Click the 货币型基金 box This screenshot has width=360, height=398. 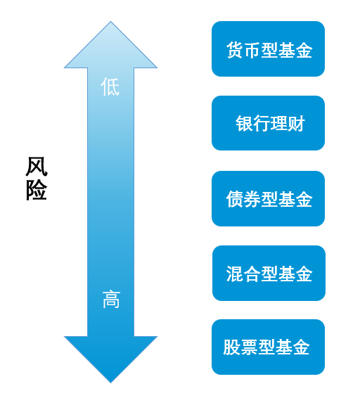point(268,49)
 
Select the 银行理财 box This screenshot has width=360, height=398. point(268,123)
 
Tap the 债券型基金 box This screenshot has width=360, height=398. point(268,198)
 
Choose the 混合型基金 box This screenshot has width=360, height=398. point(269,273)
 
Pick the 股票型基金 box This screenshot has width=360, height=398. point(268,347)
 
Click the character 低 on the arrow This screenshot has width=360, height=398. point(110,86)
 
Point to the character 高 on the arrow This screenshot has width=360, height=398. point(111,300)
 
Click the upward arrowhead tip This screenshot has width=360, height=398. point(110,21)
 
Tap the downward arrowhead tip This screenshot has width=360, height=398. point(110,383)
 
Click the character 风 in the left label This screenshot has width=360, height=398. point(37,167)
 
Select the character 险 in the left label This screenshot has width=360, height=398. point(37,191)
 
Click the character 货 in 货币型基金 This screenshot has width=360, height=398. point(235,50)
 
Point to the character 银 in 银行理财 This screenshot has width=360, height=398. point(244,123)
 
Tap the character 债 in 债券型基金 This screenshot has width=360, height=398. point(235,199)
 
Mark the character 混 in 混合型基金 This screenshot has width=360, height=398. point(235,274)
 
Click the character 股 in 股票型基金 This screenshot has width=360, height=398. point(231,347)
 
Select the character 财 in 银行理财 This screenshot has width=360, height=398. point(296,123)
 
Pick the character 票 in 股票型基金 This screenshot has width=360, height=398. point(249,347)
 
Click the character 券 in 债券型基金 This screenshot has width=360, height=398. point(252,199)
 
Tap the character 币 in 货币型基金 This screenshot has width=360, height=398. point(252,50)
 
